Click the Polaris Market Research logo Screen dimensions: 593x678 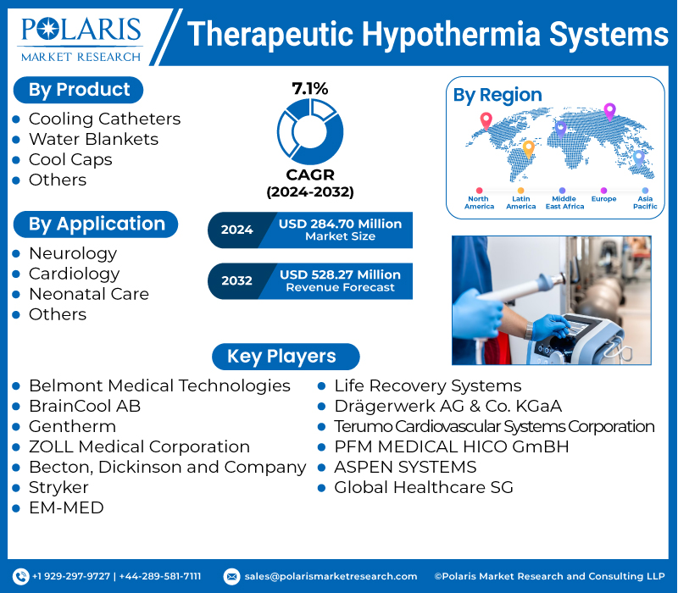[x=81, y=38]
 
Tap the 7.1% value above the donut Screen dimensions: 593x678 [x=309, y=88]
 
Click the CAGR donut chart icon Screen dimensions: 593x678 [x=310, y=131]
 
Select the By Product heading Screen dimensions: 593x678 [x=79, y=90]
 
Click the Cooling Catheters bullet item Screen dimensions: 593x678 [x=104, y=119]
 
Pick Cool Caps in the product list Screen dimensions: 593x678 [x=70, y=159]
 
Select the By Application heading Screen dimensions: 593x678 [x=96, y=224]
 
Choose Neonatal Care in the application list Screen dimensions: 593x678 [x=88, y=294]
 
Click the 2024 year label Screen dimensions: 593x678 [x=236, y=230]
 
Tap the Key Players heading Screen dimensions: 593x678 [x=281, y=357]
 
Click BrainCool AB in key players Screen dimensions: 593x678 [x=85, y=406]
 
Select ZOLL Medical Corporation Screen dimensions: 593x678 [x=139, y=446]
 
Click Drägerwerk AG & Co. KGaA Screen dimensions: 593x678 [x=447, y=406]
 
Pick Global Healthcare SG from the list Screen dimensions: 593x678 [x=424, y=487]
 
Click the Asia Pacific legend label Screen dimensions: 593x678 [x=645, y=202]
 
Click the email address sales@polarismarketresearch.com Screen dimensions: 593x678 [x=331, y=576]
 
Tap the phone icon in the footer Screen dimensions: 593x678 [x=21, y=576]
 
